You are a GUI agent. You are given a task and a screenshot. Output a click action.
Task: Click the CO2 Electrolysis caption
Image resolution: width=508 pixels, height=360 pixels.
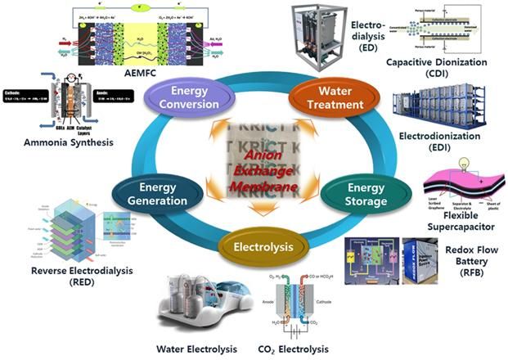310,349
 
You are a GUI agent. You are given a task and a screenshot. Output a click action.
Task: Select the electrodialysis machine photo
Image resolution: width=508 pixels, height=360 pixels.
321,36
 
